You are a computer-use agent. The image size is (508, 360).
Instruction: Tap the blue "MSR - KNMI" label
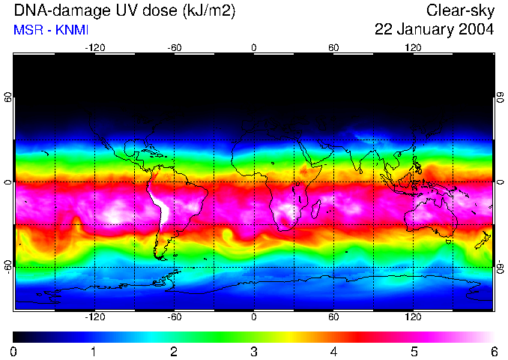[51, 30]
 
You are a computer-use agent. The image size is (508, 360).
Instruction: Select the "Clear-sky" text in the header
[460, 10]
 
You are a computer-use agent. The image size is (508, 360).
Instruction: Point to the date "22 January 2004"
[434, 30]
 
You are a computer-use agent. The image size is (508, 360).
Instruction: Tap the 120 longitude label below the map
[413, 317]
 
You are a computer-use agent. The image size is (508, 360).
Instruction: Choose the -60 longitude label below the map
[174, 317]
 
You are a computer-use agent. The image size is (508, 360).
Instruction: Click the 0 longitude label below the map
[254, 317]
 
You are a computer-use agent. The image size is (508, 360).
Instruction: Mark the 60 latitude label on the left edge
[8, 101]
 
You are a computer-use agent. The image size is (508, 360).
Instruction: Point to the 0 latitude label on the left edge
[8, 182]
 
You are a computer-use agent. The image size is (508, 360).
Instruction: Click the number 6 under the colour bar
[494, 351]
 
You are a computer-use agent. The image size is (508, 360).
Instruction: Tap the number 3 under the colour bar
[254, 351]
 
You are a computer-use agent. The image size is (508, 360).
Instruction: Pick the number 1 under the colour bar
[94, 351]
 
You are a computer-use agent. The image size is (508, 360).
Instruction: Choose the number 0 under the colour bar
[13, 351]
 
